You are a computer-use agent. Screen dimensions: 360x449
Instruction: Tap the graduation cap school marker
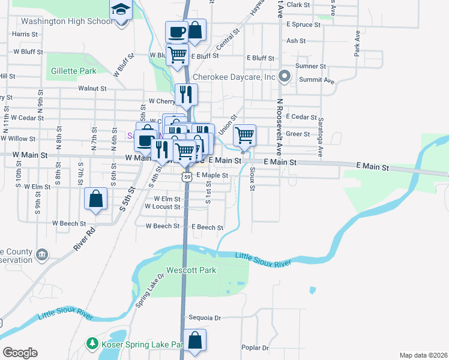pyautogui.click(x=121, y=10)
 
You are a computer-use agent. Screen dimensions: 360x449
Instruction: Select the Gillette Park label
pyautogui.click(x=74, y=71)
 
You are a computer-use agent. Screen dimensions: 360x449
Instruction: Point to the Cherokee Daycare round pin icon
pyautogui.click(x=286, y=77)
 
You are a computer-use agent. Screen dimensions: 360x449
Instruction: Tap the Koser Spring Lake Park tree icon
pyautogui.click(x=92, y=344)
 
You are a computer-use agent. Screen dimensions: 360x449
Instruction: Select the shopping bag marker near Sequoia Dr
pyautogui.click(x=195, y=340)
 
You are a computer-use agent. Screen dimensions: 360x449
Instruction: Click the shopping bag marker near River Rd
pyautogui.click(x=95, y=199)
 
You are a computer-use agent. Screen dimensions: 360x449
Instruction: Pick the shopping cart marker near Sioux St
pyautogui.click(x=244, y=135)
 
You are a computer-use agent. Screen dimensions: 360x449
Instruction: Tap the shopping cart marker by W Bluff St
pyautogui.click(x=178, y=54)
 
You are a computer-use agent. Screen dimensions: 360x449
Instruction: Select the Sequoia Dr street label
pyautogui.click(x=205, y=318)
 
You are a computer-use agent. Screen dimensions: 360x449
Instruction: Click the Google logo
pyautogui.click(x=20, y=352)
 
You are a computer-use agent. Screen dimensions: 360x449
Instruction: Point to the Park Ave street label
pyautogui.click(x=357, y=43)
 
